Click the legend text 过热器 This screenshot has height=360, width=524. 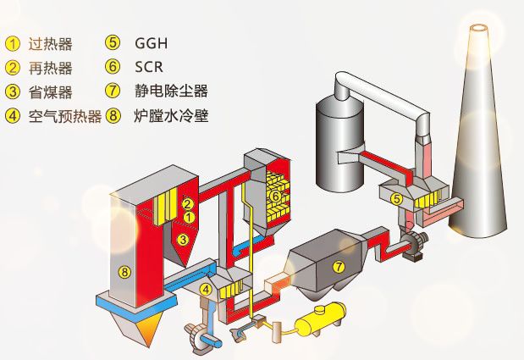(51, 42)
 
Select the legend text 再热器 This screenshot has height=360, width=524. (51, 67)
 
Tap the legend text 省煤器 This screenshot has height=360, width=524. (51, 91)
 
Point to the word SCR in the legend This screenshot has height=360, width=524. (149, 67)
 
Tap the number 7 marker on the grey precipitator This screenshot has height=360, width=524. (339, 267)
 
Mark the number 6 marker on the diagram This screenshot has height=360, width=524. (275, 197)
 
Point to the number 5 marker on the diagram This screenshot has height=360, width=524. (396, 198)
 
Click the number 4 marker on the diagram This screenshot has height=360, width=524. (204, 289)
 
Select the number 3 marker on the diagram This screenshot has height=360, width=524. (183, 240)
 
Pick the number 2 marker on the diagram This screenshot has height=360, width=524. (189, 204)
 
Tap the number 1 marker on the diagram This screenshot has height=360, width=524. (189, 218)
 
